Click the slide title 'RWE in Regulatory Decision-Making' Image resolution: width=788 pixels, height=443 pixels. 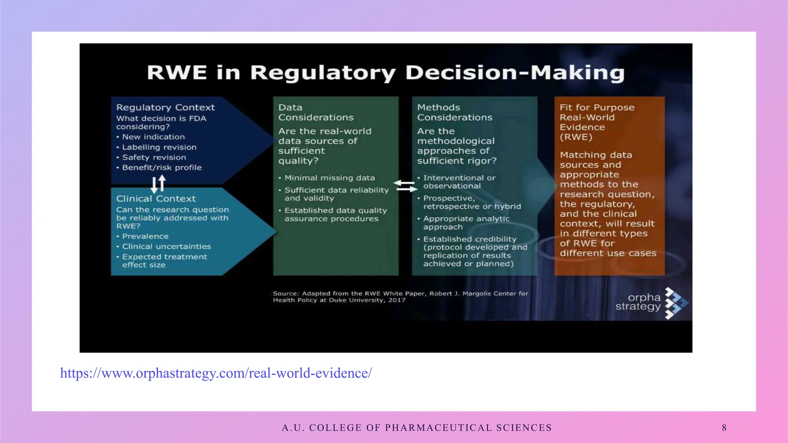point(386,73)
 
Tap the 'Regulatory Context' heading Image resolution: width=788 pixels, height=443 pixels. point(165,107)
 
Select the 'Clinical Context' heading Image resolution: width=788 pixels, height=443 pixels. point(156,198)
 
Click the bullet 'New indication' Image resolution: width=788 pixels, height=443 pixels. point(153,137)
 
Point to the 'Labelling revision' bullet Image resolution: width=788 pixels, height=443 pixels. point(159,147)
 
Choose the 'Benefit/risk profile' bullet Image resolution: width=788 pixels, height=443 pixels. point(162,168)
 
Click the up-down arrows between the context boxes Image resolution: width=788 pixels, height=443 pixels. point(158,184)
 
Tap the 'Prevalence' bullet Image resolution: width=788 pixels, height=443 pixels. point(145,236)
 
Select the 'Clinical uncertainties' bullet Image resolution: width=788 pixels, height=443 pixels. point(166,246)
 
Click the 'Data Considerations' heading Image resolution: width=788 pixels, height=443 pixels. point(316,112)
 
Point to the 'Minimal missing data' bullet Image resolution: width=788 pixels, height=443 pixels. point(329,178)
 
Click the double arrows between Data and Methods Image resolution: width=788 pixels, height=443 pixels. point(405,186)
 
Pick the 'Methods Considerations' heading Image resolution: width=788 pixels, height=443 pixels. point(454,112)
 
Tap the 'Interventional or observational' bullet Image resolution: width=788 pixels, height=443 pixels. point(459,182)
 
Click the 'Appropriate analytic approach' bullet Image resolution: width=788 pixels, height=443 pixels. point(466,223)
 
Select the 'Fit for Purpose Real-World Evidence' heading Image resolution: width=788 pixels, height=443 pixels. point(596,122)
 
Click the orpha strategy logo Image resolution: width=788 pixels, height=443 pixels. point(651,303)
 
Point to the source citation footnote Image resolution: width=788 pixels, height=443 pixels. point(400,296)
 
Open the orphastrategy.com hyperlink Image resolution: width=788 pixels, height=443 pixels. point(216,373)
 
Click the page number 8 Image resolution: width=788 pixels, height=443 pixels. point(724,428)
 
